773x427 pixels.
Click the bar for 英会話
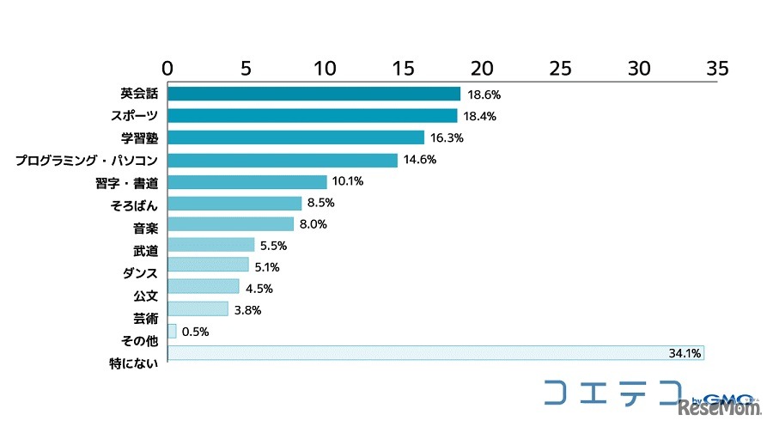[313, 94]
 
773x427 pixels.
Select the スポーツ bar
[312, 115]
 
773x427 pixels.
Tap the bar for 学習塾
[295, 137]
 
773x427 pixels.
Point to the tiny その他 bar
[172, 331]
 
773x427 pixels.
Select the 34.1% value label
[685, 353]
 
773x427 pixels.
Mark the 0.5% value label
[195, 331]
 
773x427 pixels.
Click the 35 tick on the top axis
[717, 68]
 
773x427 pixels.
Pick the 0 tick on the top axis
[167, 68]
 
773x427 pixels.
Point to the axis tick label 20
[482, 68]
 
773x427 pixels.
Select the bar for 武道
[210, 245]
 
